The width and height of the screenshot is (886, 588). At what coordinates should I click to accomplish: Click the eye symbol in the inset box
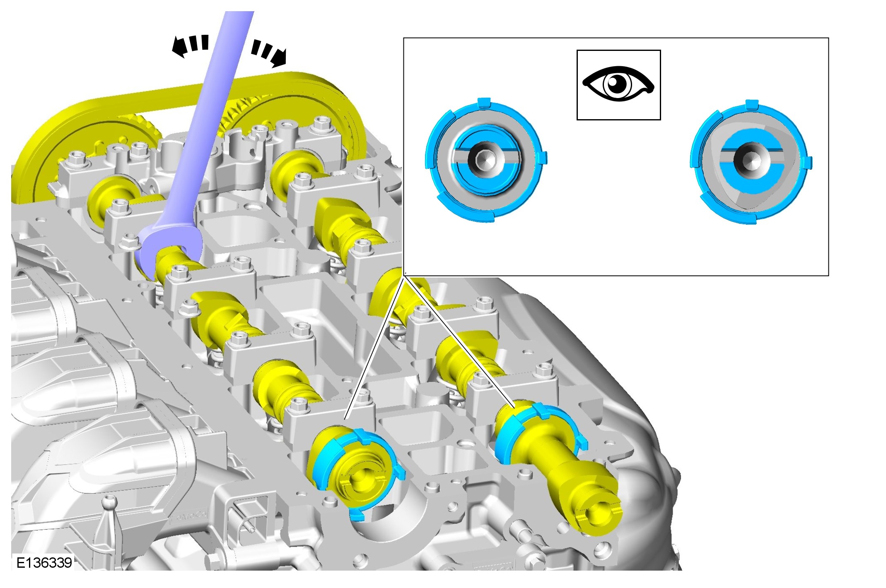coord(618,84)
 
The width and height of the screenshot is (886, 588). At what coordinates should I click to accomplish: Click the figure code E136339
coord(44,562)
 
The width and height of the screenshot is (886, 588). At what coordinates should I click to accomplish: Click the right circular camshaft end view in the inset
coord(751,161)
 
